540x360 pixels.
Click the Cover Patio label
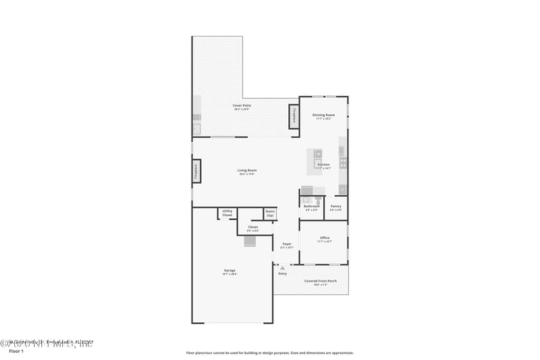point(242,106)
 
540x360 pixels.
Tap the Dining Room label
point(323,115)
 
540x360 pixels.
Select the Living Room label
point(246,170)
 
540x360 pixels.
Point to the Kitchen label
point(324,165)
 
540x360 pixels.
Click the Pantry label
point(335,206)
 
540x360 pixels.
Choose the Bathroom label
point(311,206)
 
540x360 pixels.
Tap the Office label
point(324,238)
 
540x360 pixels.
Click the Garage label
point(230,271)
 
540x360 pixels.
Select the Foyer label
point(287,244)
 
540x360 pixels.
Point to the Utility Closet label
point(227,213)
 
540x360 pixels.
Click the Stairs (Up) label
point(270,213)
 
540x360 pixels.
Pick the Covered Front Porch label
point(315,281)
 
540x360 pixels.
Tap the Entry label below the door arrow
point(282,274)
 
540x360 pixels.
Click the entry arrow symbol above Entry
point(282,267)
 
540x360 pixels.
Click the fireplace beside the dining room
point(294,117)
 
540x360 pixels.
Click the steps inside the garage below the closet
point(250,242)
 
